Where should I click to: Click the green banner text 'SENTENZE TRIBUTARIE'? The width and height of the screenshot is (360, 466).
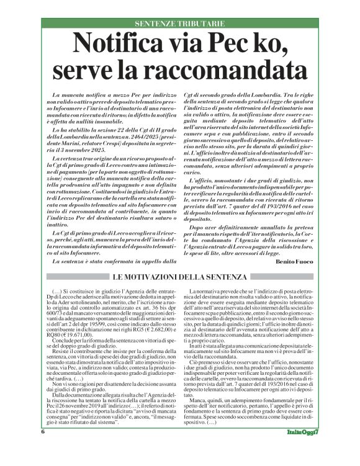pos(180,24)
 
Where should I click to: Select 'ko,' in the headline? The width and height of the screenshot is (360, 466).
pos(266,44)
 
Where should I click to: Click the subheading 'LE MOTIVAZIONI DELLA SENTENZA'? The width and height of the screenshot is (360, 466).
pos(180,277)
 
